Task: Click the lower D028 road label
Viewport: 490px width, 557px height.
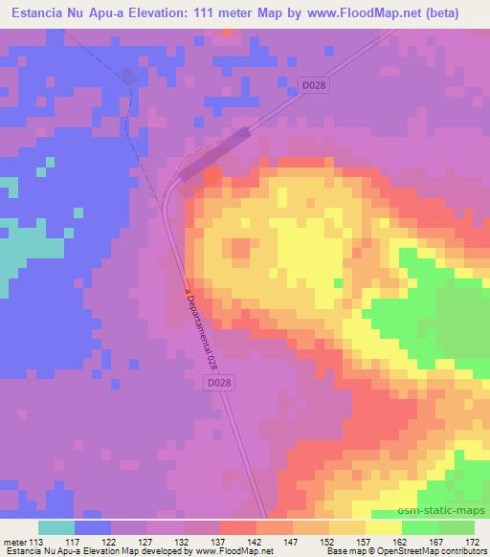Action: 219,382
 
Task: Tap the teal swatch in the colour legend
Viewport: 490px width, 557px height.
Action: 56,527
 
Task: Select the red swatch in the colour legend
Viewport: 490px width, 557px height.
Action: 238,527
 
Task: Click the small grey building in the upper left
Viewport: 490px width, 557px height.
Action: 127,77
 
